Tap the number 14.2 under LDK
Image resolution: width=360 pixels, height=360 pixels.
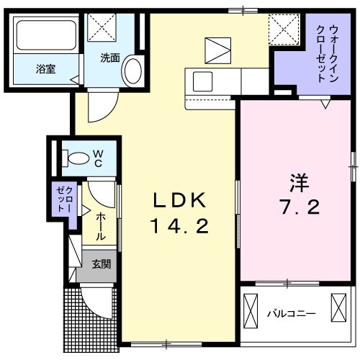click(x=179, y=227)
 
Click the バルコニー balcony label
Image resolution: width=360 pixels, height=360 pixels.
click(x=291, y=313)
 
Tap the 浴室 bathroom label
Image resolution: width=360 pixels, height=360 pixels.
click(x=47, y=69)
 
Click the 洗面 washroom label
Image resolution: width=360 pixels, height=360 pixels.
click(x=109, y=58)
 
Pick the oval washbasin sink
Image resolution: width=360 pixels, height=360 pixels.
click(x=132, y=71)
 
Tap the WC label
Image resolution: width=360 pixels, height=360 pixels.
click(x=97, y=157)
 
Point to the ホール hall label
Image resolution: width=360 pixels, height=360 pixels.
click(x=101, y=225)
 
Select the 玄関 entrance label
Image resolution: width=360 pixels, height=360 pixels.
click(x=101, y=264)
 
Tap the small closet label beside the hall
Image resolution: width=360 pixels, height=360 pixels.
click(x=61, y=199)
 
